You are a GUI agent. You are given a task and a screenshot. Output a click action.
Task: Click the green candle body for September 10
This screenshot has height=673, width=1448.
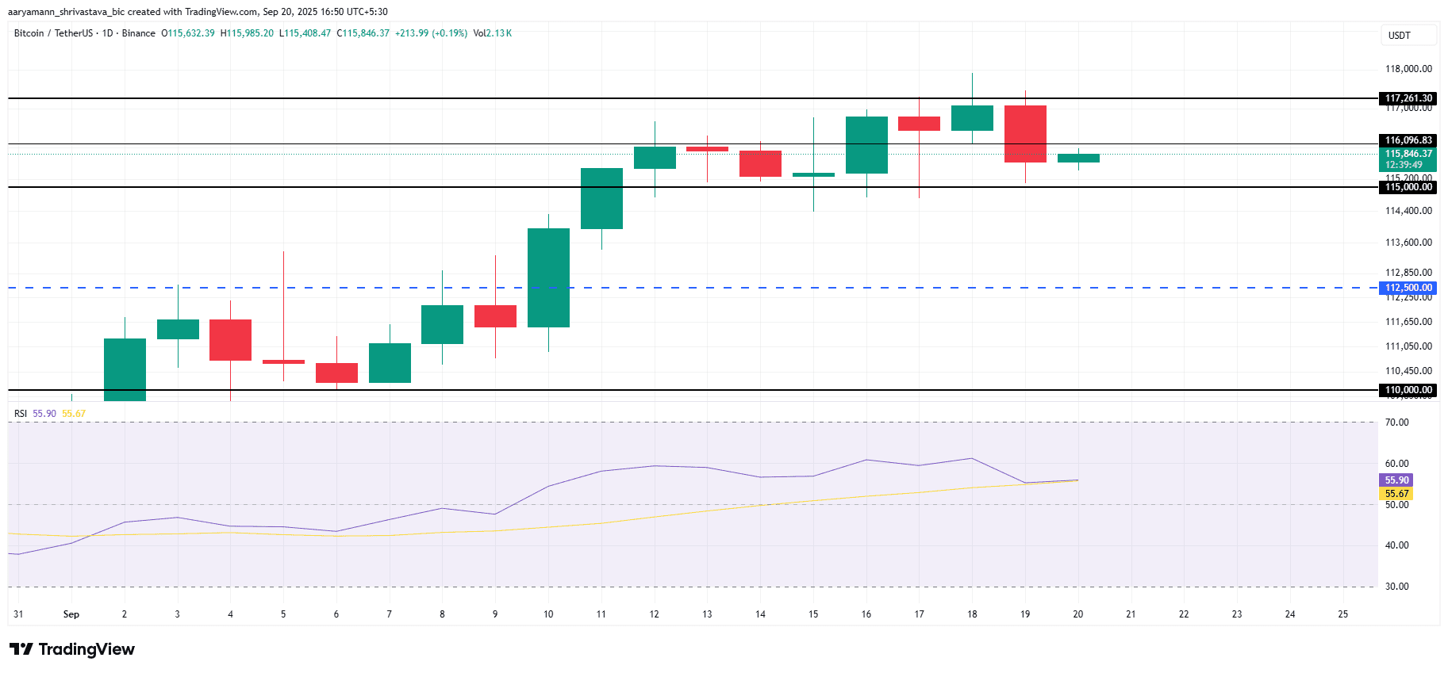coord(548,277)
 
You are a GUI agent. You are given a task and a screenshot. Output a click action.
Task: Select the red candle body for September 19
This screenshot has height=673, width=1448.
coord(1025,133)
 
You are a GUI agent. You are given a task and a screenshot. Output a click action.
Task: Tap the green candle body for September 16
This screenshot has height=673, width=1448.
coord(866,144)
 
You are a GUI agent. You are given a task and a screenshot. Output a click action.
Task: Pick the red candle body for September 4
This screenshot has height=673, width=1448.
coord(230,339)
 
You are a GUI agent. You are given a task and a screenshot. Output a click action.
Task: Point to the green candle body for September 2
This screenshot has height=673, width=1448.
coord(125,369)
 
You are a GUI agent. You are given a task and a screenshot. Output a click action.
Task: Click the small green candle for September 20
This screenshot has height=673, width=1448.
coord(1078,158)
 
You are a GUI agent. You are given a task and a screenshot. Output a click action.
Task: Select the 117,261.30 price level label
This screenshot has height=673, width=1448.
coord(1408,98)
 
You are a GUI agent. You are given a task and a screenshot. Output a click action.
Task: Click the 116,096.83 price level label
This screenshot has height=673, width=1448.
coord(1408,140)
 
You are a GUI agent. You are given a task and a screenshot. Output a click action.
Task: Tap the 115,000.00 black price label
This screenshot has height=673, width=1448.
coord(1408,187)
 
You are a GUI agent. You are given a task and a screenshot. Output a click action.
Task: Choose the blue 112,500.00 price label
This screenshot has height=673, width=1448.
coord(1408,288)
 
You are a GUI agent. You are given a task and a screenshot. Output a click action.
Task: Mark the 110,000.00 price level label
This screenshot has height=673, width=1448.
coord(1408,390)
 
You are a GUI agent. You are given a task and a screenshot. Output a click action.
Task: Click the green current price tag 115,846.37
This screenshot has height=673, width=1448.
coord(1408,154)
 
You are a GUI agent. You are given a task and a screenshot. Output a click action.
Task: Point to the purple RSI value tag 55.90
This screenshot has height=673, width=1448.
coord(1396,480)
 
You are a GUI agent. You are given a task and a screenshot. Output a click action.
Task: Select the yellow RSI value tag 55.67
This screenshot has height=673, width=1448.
coord(1396,494)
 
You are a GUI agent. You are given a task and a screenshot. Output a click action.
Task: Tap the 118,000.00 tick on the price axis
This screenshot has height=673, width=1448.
coord(1408,69)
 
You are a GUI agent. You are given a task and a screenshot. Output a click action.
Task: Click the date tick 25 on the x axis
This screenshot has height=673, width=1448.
coord(1342,614)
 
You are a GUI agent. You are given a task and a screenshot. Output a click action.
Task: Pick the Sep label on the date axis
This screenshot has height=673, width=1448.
coord(71,614)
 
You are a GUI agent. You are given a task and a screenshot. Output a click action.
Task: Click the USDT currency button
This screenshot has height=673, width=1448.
coord(1408,36)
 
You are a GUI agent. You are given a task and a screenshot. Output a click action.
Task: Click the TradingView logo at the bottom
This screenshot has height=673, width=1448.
coord(72,649)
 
